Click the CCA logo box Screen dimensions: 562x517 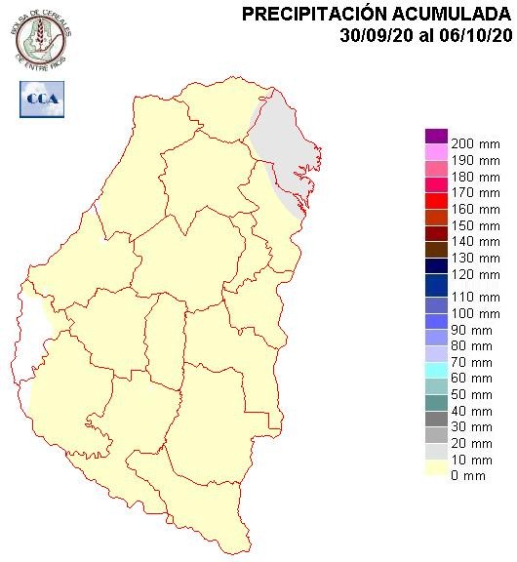coord(41,98)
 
